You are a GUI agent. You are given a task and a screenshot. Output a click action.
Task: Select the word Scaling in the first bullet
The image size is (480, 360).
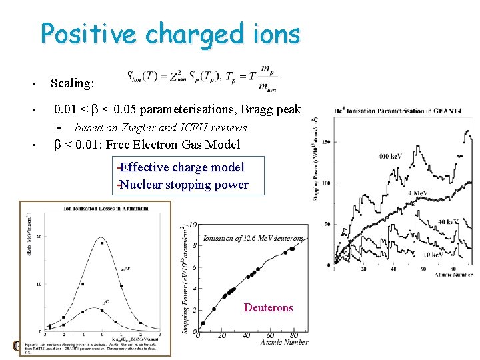[x=72, y=83]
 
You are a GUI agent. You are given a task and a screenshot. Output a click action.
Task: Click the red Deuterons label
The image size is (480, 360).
[x=268, y=307]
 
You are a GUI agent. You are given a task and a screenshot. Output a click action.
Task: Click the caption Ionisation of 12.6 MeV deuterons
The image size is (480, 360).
[x=253, y=238]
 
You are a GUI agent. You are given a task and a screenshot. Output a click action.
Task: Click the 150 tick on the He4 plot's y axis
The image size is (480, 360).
[x=327, y=141]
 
